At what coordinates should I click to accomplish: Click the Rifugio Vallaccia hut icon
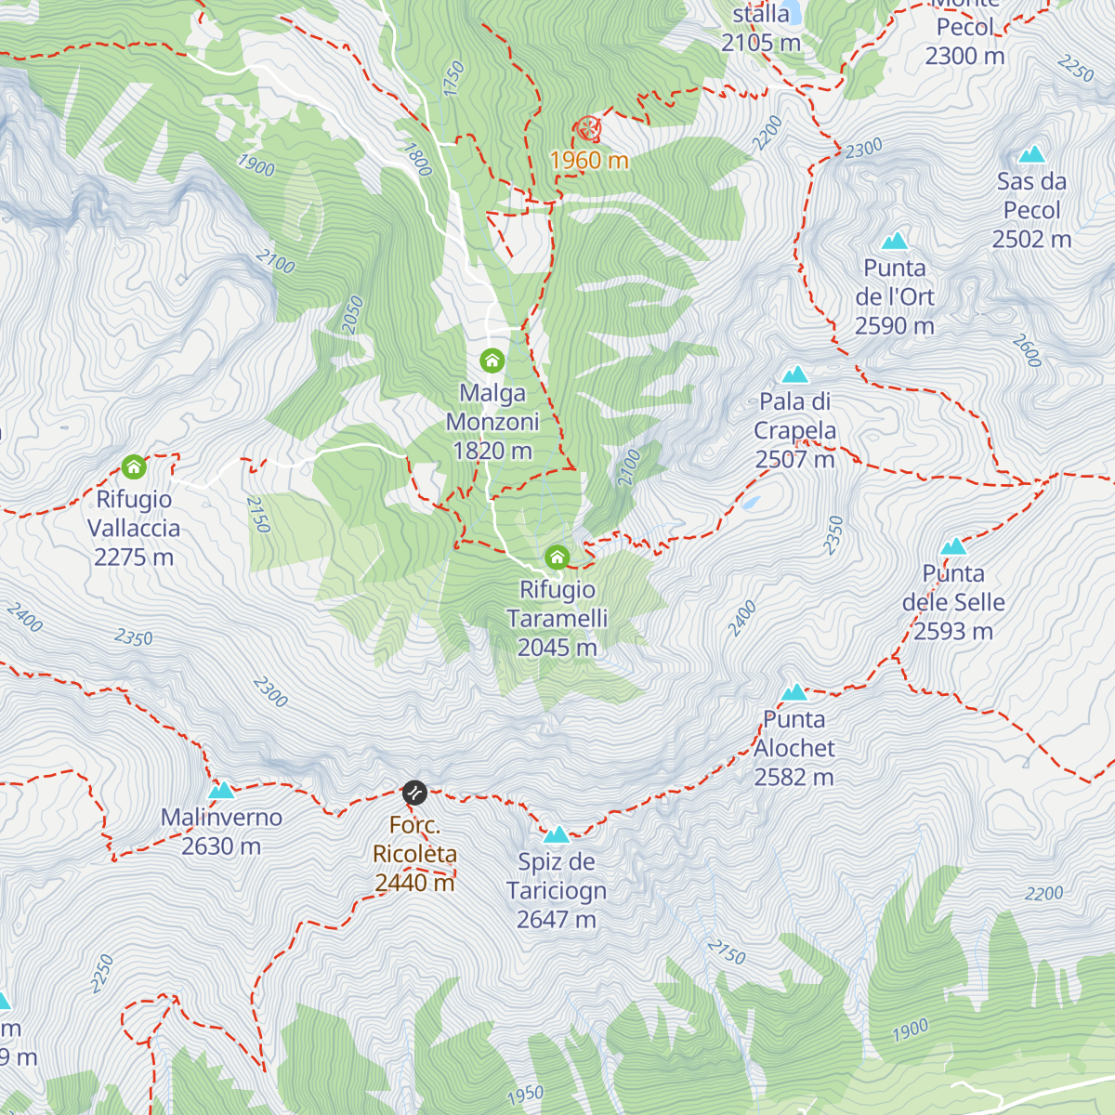pos(134,466)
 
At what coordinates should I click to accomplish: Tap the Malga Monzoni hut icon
pos(492,361)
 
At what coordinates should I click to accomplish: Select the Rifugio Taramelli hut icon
pos(557,557)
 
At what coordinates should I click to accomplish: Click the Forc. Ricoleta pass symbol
pos(414,793)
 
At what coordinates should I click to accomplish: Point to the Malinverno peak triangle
pos(221,791)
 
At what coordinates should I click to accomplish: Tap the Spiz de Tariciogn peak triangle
pos(556,834)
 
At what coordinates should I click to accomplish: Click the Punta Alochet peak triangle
pos(794,692)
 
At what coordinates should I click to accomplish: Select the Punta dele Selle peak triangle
pos(953,546)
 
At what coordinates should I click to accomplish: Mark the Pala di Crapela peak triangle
pos(794,374)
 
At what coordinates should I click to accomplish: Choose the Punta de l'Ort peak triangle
pos(895,242)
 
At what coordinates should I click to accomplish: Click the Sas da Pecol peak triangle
pos(1031,154)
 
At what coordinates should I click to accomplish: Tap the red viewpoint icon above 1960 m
pos(587,128)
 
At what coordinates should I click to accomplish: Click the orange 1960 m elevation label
pos(589,161)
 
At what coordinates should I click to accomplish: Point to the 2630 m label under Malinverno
pos(221,846)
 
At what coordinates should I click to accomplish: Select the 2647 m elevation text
pos(556,920)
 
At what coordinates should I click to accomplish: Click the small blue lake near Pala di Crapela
pos(751,504)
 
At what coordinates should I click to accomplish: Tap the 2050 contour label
pos(352,314)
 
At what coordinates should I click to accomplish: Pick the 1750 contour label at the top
pos(453,78)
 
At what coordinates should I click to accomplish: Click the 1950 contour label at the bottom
pos(526,1095)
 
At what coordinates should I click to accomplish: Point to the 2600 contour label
pos(1027,350)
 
